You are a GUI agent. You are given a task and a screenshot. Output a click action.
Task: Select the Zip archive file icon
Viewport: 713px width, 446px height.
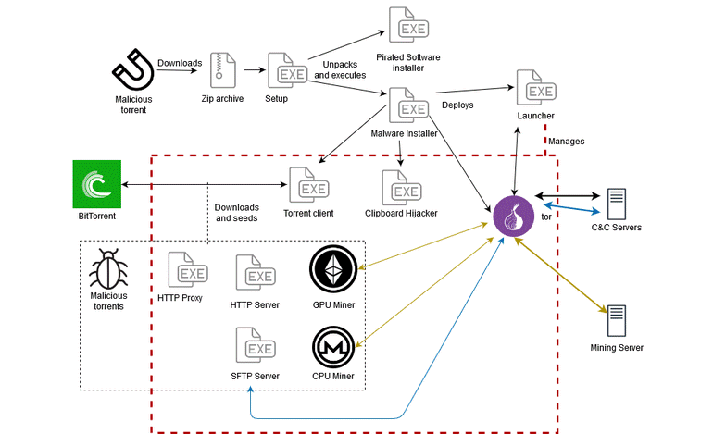222,70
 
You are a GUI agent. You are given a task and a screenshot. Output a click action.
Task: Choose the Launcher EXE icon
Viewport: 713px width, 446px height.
535,89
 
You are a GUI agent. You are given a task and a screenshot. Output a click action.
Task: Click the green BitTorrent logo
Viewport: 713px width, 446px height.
97,183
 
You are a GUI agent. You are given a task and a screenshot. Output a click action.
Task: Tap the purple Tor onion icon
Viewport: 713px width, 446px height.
511,216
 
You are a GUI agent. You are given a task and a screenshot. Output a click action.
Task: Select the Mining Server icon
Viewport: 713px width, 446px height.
616,321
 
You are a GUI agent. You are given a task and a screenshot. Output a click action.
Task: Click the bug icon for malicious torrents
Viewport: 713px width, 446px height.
108,270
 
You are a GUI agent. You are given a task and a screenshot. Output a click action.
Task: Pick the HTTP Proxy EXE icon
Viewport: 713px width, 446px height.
185,270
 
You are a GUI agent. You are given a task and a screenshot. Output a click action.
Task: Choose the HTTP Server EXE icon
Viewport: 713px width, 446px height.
254,274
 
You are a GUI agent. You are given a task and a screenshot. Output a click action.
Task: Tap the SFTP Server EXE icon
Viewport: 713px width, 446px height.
254,347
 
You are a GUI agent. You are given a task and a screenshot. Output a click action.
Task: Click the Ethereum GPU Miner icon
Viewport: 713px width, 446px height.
333,269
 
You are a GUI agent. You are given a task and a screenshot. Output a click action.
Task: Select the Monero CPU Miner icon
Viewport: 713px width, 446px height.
333,347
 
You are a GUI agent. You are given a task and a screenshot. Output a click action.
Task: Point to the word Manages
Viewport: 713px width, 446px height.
567,142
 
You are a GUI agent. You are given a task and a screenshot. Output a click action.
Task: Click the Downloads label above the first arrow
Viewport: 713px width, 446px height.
180,63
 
